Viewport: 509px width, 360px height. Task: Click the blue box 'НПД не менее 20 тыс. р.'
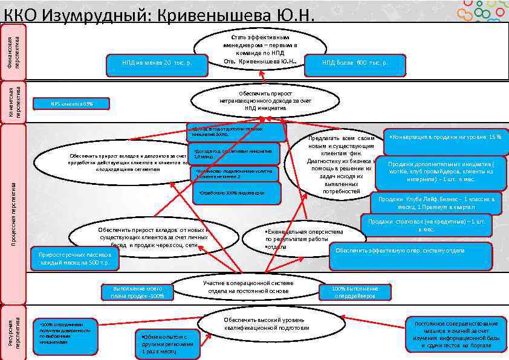(x=157, y=63)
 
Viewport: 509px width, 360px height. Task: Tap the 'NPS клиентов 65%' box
(x=71, y=104)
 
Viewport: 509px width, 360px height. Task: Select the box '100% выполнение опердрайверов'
(x=355, y=293)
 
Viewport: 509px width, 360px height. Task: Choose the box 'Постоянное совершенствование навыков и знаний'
(x=456, y=334)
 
